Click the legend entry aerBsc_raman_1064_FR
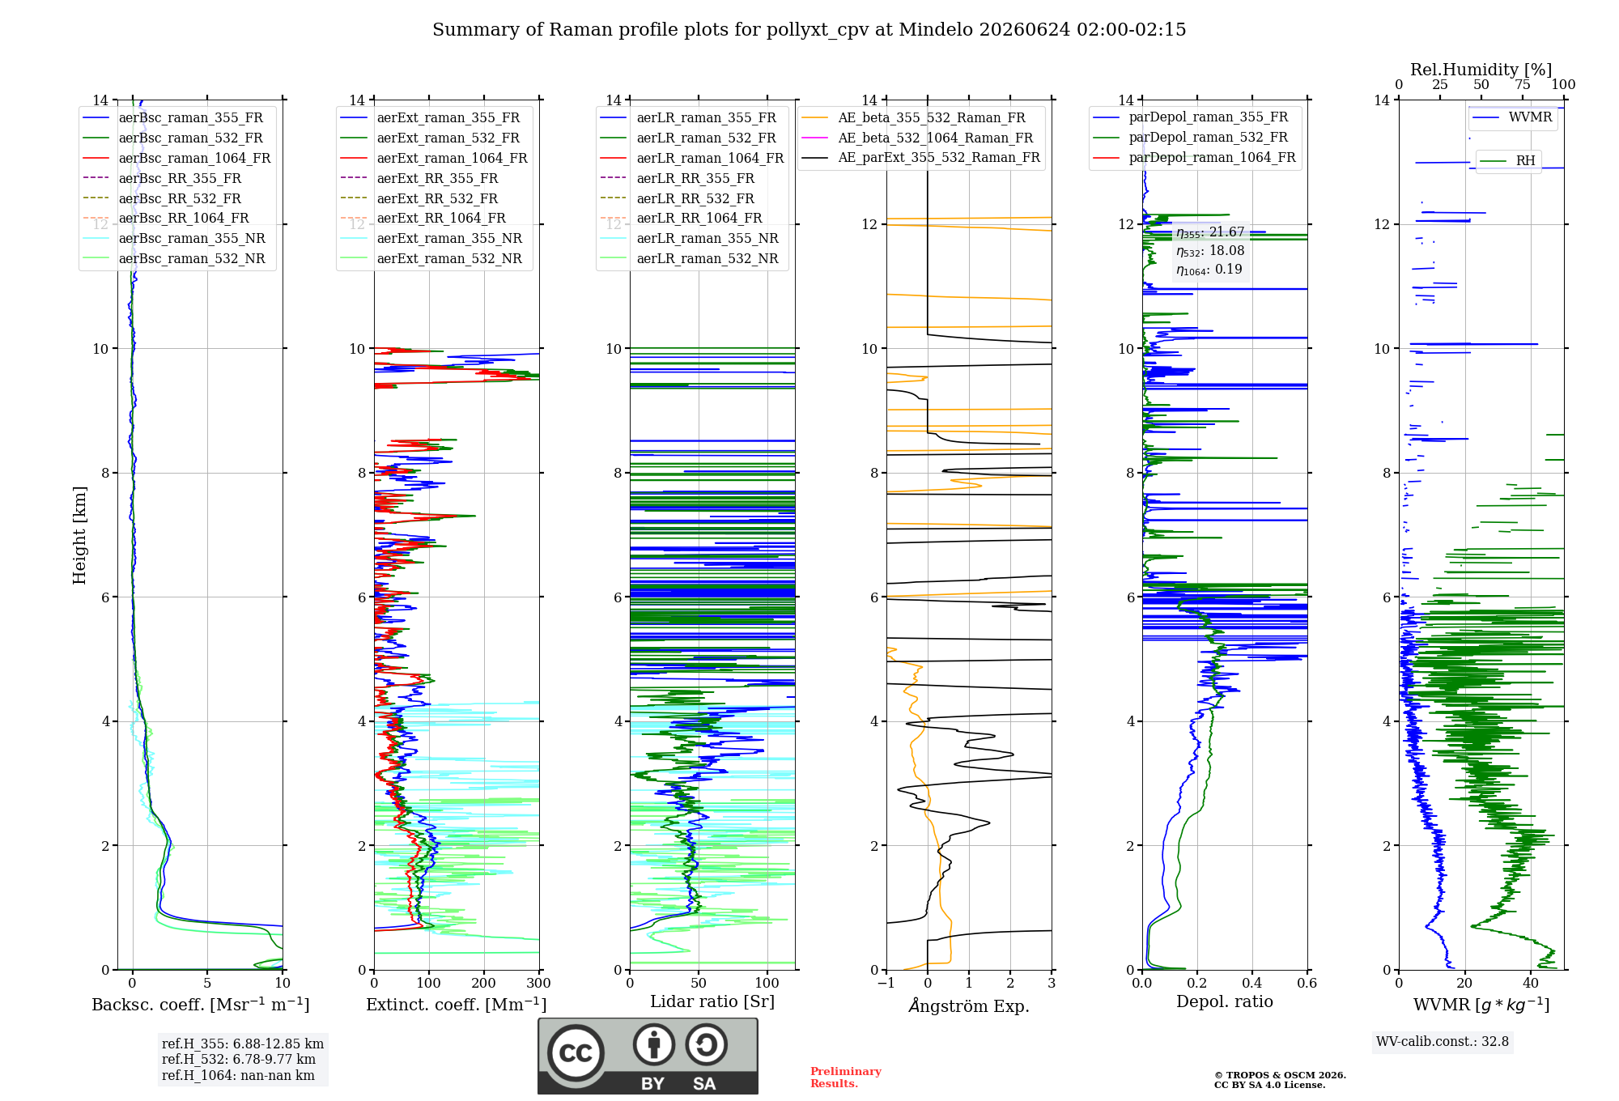pyautogui.click(x=176, y=158)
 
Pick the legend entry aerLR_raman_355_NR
pyautogui.click(x=689, y=238)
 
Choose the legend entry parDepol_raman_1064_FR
pyautogui.click(x=1194, y=157)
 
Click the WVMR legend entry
pyautogui.click(x=1512, y=117)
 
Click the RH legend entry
pyautogui.click(x=1507, y=160)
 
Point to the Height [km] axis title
pyautogui.click(x=79, y=535)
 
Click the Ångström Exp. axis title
pyautogui.click(x=969, y=1005)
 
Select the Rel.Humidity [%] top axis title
pyautogui.click(x=1481, y=70)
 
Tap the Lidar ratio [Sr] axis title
pyautogui.click(x=712, y=1001)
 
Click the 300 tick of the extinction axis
pyautogui.click(x=539, y=983)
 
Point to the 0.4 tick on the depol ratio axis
pyautogui.click(x=1252, y=983)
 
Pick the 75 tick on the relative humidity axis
pyautogui.click(x=1523, y=84)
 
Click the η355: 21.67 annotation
pyautogui.click(x=1210, y=232)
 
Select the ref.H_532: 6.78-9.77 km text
pyautogui.click(x=239, y=1059)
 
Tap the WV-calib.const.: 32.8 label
pyautogui.click(x=1443, y=1041)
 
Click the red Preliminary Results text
pyautogui.click(x=846, y=1078)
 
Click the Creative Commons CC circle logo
pyautogui.click(x=576, y=1053)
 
